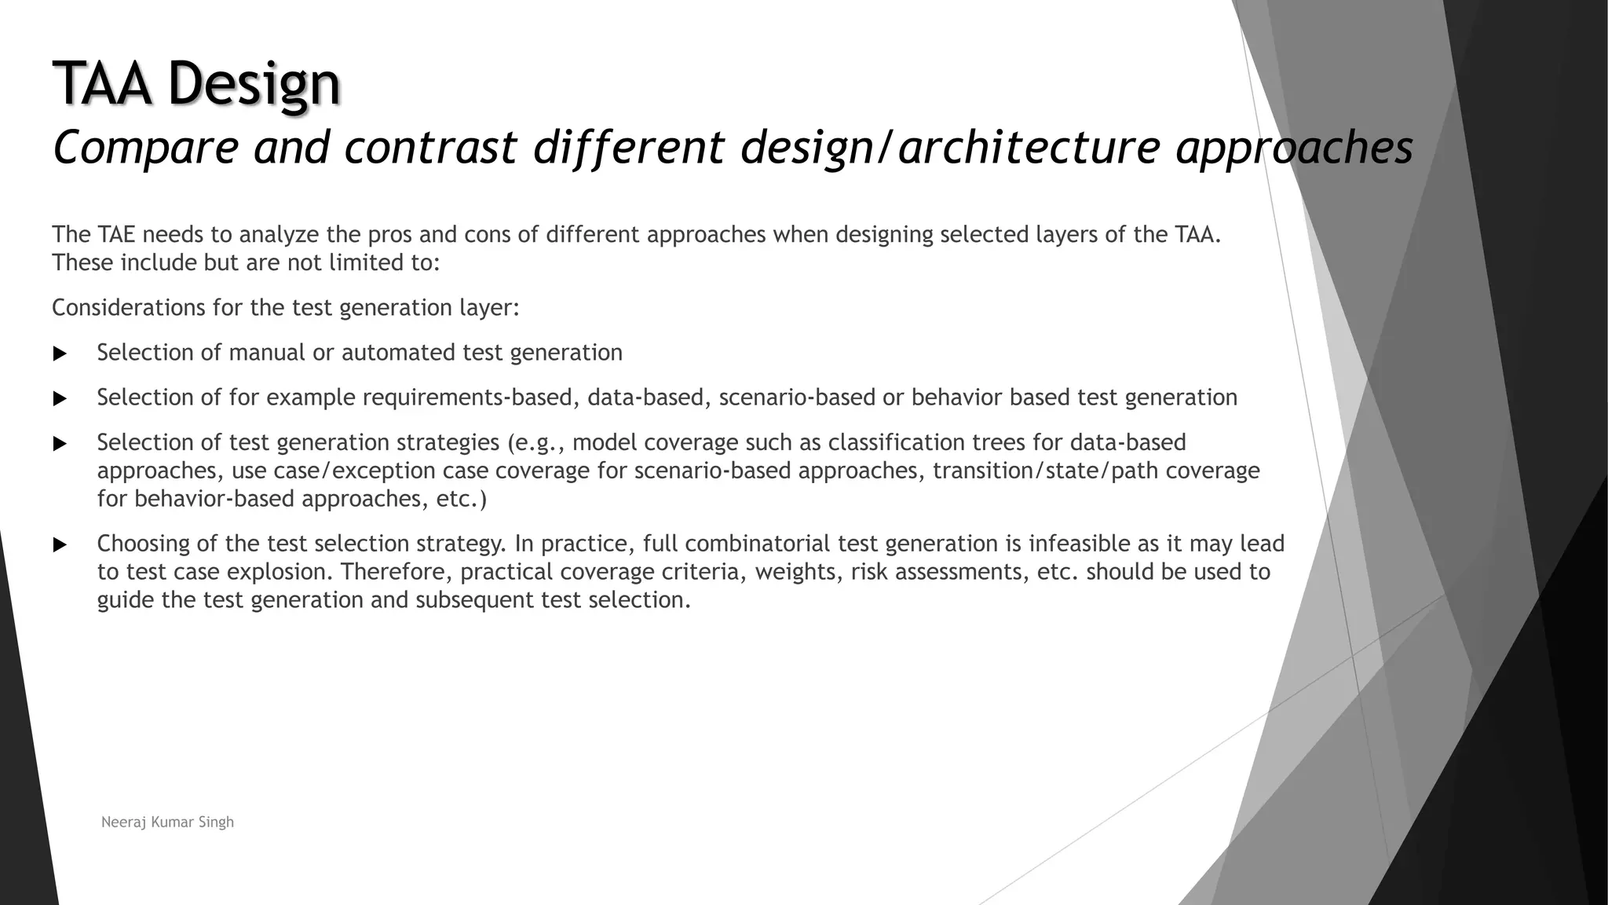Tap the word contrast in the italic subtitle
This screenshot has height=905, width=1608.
pyautogui.click(x=430, y=147)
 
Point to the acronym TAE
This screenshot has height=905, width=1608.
pyautogui.click(x=117, y=234)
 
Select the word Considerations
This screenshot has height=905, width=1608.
pyautogui.click(x=128, y=307)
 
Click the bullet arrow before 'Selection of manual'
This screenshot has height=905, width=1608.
pyautogui.click(x=60, y=354)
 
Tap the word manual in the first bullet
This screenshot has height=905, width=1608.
pyautogui.click(x=266, y=352)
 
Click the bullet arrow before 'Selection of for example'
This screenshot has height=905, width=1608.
pyautogui.click(x=60, y=399)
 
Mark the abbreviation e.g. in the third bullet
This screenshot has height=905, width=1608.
pyautogui.click(x=537, y=443)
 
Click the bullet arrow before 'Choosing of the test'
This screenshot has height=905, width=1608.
pyautogui.click(x=60, y=544)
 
